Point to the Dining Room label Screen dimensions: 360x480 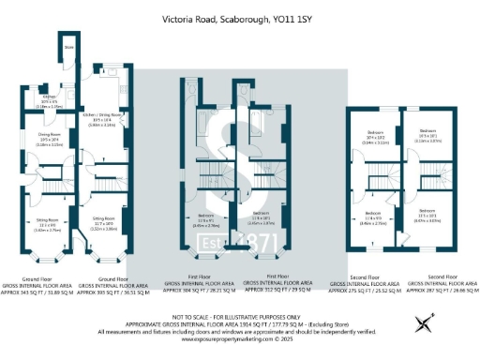tap(49, 141)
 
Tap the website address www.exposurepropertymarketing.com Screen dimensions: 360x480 tap(239, 337)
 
